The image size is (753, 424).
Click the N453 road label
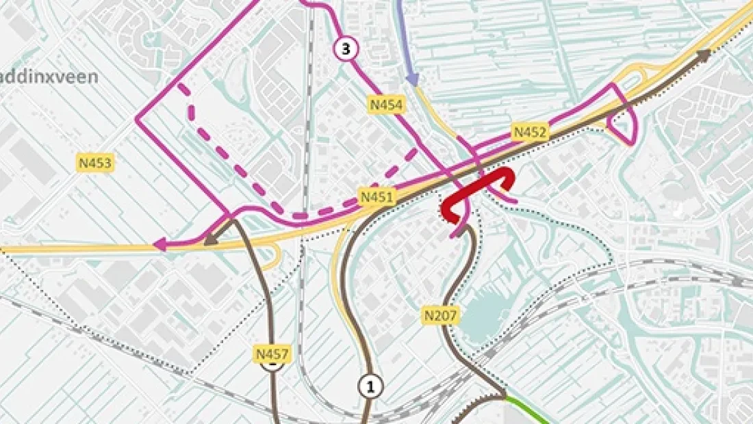(94, 163)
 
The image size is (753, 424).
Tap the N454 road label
(387, 105)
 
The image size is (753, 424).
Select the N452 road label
(531, 132)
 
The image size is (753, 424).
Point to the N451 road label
(377, 198)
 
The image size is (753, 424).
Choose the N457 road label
(272, 354)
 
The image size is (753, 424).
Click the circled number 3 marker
(346, 49)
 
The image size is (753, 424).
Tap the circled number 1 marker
(370, 386)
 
